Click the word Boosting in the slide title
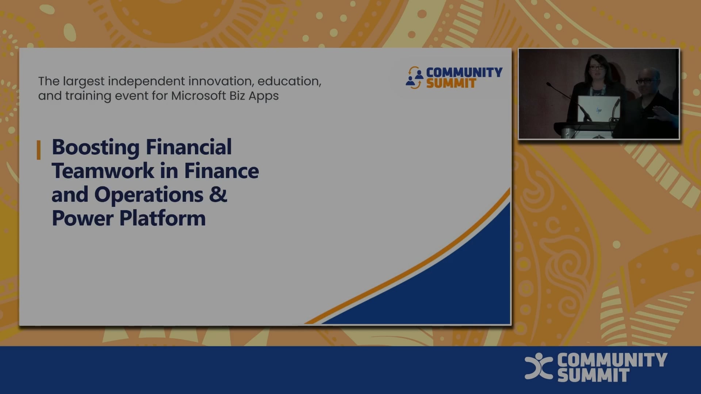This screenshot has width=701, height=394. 96,147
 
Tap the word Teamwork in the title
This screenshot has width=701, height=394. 103,171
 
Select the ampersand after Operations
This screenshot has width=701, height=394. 218,194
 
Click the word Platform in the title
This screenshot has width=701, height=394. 162,219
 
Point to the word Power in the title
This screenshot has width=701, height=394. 83,219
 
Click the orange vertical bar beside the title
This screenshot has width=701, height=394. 39,150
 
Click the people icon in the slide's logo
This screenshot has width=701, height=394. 414,77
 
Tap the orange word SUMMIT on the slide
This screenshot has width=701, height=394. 451,84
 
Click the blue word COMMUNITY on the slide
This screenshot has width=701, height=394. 464,72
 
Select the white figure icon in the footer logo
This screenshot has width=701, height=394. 539,366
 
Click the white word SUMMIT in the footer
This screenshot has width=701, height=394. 593,375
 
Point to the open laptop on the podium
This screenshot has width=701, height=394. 598,108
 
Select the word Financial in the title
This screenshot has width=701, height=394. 189,147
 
